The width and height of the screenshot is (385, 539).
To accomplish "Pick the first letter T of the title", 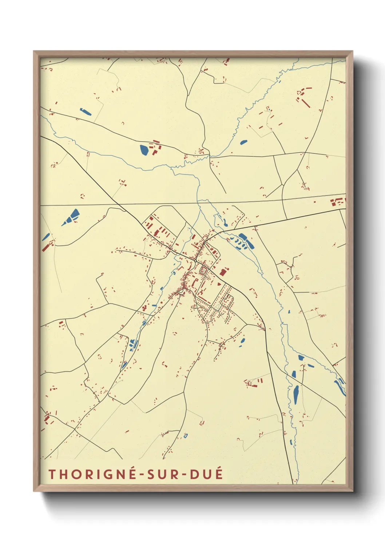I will (x=52, y=474).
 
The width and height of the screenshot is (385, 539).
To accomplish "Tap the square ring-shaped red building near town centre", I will (x=203, y=270).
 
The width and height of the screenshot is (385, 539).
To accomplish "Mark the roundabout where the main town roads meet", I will (x=196, y=260).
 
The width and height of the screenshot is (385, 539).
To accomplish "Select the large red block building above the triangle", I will (x=223, y=272).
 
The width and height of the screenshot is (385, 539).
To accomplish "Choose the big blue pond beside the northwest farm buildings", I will (x=144, y=150).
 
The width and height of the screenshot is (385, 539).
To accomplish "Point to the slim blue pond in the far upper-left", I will (x=86, y=111).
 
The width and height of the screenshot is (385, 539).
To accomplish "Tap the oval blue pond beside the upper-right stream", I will (x=243, y=142).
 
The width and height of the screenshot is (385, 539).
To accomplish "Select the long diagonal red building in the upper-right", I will (x=306, y=103).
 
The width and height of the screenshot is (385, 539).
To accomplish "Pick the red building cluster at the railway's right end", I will (x=338, y=201).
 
